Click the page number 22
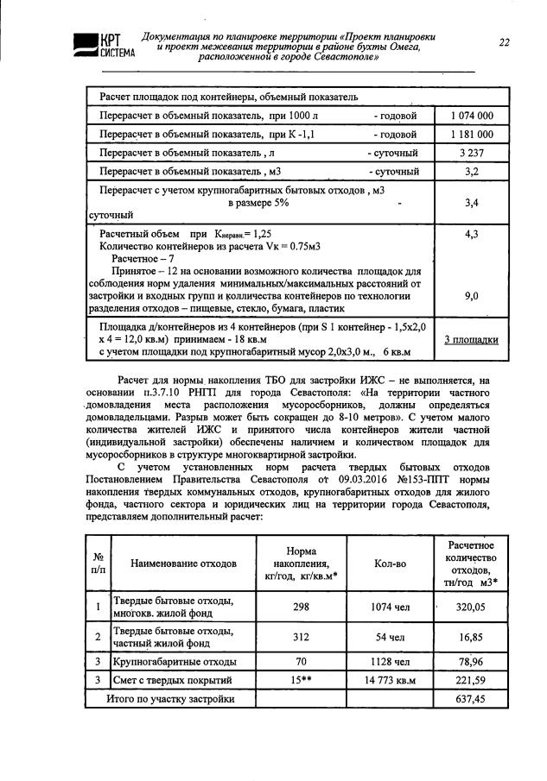click(x=504, y=43)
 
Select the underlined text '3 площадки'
click(x=472, y=339)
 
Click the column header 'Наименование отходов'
click(x=183, y=563)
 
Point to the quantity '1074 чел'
click(x=390, y=607)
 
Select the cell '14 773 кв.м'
click(x=390, y=680)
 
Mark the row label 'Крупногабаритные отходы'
click(x=175, y=662)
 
